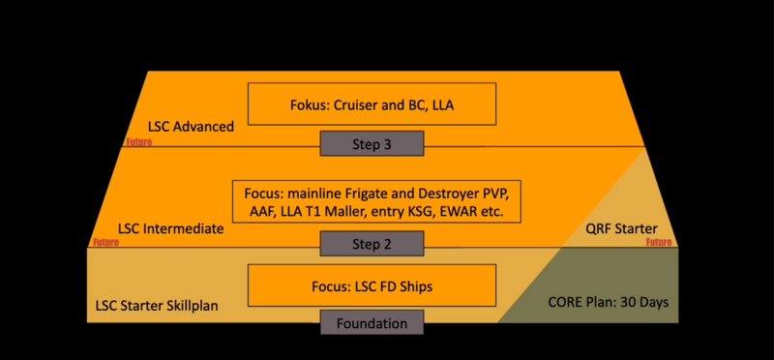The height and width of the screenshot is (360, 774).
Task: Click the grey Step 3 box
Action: coord(372,145)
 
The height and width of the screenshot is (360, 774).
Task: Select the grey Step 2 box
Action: coord(372,244)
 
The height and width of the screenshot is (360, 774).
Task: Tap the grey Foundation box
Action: coord(372,323)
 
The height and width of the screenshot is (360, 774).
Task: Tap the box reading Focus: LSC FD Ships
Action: coord(372,285)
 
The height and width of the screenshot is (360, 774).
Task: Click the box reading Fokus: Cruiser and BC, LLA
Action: coord(372,104)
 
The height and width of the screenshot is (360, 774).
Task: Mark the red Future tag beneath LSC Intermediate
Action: coord(104,243)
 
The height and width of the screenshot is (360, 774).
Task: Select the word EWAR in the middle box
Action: coord(454,211)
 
